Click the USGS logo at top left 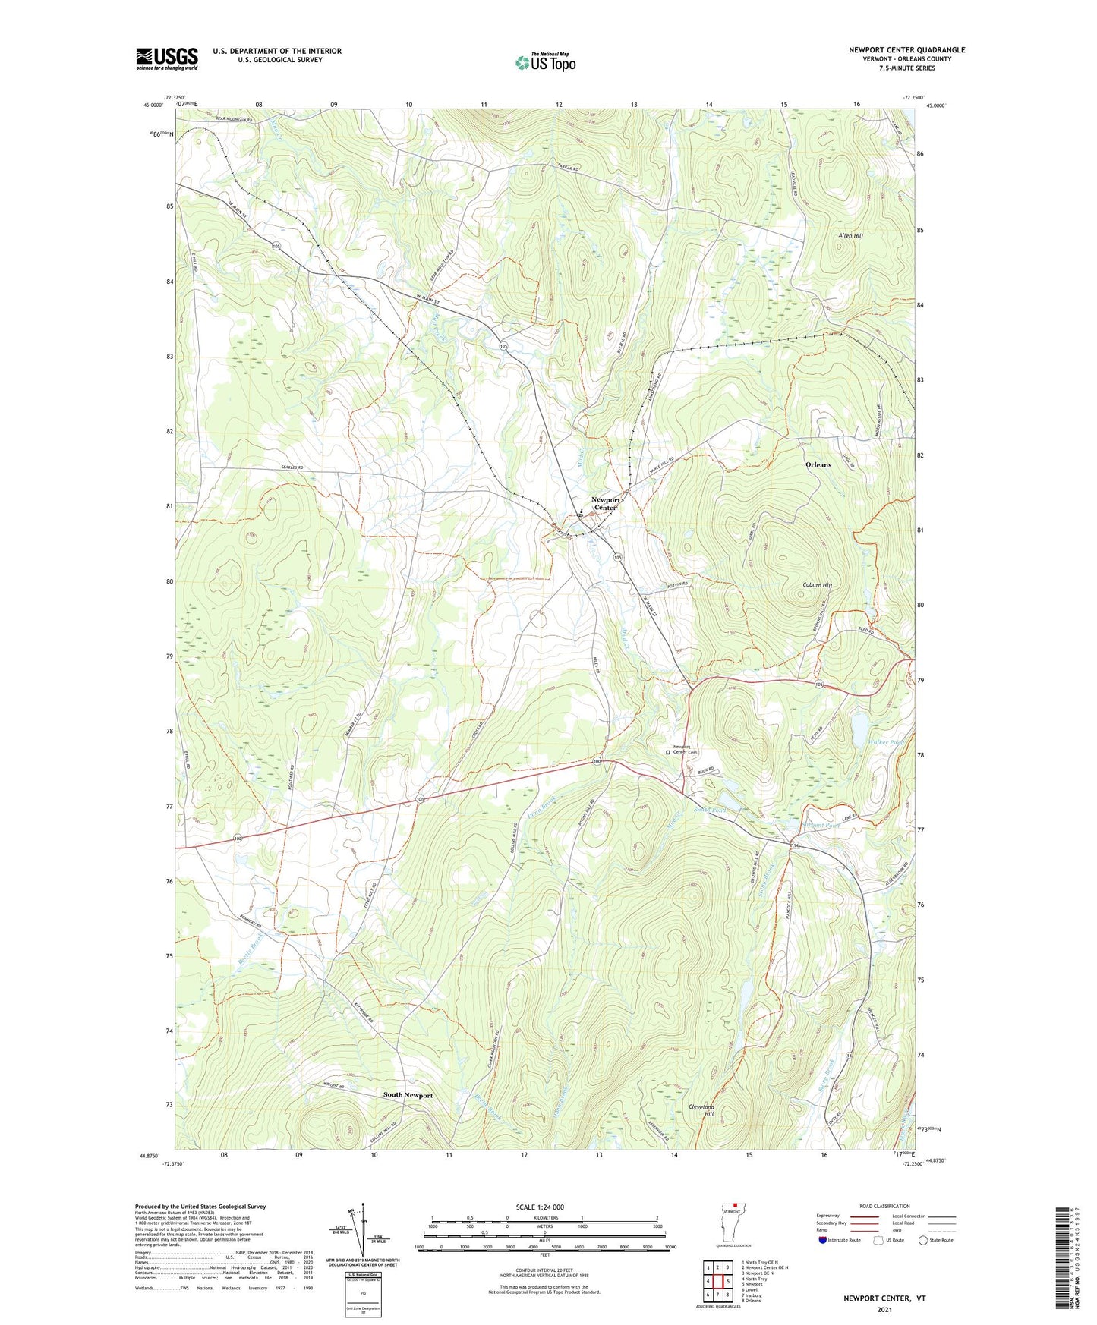tap(166, 58)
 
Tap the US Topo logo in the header tap(544, 62)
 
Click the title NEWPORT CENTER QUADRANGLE tap(906, 50)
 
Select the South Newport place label tap(408, 1095)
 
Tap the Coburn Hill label tap(817, 586)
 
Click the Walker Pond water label tap(887, 741)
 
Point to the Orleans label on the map tap(818, 464)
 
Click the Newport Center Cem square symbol tap(668, 752)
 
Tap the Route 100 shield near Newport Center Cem tap(597, 761)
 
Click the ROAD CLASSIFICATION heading tap(884, 1206)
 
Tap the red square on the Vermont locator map tap(735, 1203)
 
